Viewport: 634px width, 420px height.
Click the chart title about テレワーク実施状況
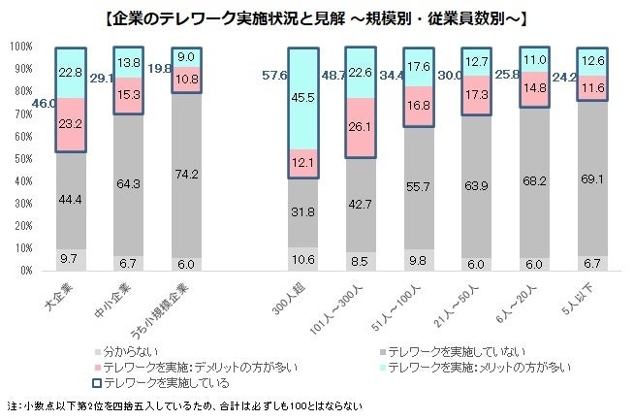pos(316,16)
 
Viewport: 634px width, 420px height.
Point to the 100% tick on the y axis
pos(20,47)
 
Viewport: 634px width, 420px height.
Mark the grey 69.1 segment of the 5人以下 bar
pos(594,180)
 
